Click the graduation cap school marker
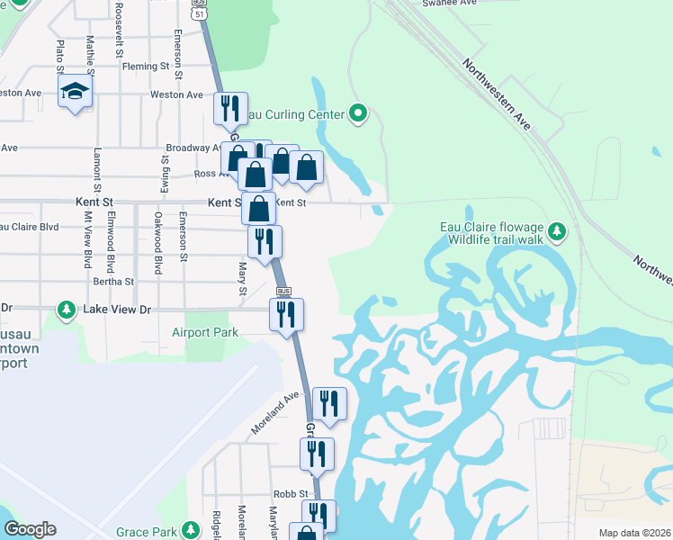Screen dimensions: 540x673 click(x=76, y=90)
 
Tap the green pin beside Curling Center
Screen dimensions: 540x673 click(x=358, y=113)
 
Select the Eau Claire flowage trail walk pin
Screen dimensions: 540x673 click(x=558, y=232)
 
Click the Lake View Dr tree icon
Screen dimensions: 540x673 click(x=66, y=310)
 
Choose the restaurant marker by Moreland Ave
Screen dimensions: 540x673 click(x=329, y=404)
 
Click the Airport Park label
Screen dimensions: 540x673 click(x=205, y=332)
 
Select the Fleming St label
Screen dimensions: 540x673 click(x=146, y=66)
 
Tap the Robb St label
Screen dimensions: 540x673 click(x=292, y=494)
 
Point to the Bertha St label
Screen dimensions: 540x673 click(x=113, y=281)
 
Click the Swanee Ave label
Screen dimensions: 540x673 click(x=452, y=4)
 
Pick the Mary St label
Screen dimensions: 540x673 click(x=242, y=279)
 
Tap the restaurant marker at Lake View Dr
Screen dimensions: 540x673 click(x=287, y=315)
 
